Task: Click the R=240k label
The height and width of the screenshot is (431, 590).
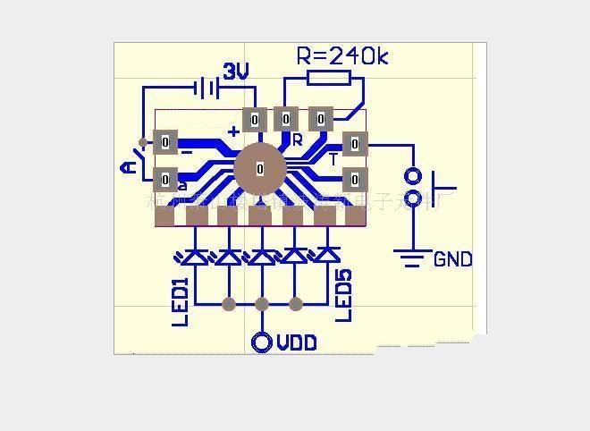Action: point(342,56)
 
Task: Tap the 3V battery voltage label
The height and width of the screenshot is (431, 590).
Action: point(235,72)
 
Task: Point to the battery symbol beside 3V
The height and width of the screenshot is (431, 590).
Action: point(206,88)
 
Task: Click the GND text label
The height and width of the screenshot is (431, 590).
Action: point(452,260)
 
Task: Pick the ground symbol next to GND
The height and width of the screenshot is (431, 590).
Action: point(411,259)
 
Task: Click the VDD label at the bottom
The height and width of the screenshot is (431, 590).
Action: point(296,342)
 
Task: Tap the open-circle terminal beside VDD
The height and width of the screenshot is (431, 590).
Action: point(262,342)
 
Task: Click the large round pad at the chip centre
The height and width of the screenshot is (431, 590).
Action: point(260,168)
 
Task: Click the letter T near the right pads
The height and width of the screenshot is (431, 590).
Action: point(333,159)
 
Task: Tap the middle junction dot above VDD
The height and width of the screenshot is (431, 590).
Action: point(262,304)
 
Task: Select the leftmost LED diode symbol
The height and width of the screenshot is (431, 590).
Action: point(197,256)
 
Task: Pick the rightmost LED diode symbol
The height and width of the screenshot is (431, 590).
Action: point(325,256)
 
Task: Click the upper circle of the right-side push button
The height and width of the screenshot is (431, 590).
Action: point(412,176)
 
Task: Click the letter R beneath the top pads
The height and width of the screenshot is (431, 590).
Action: point(297,140)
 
